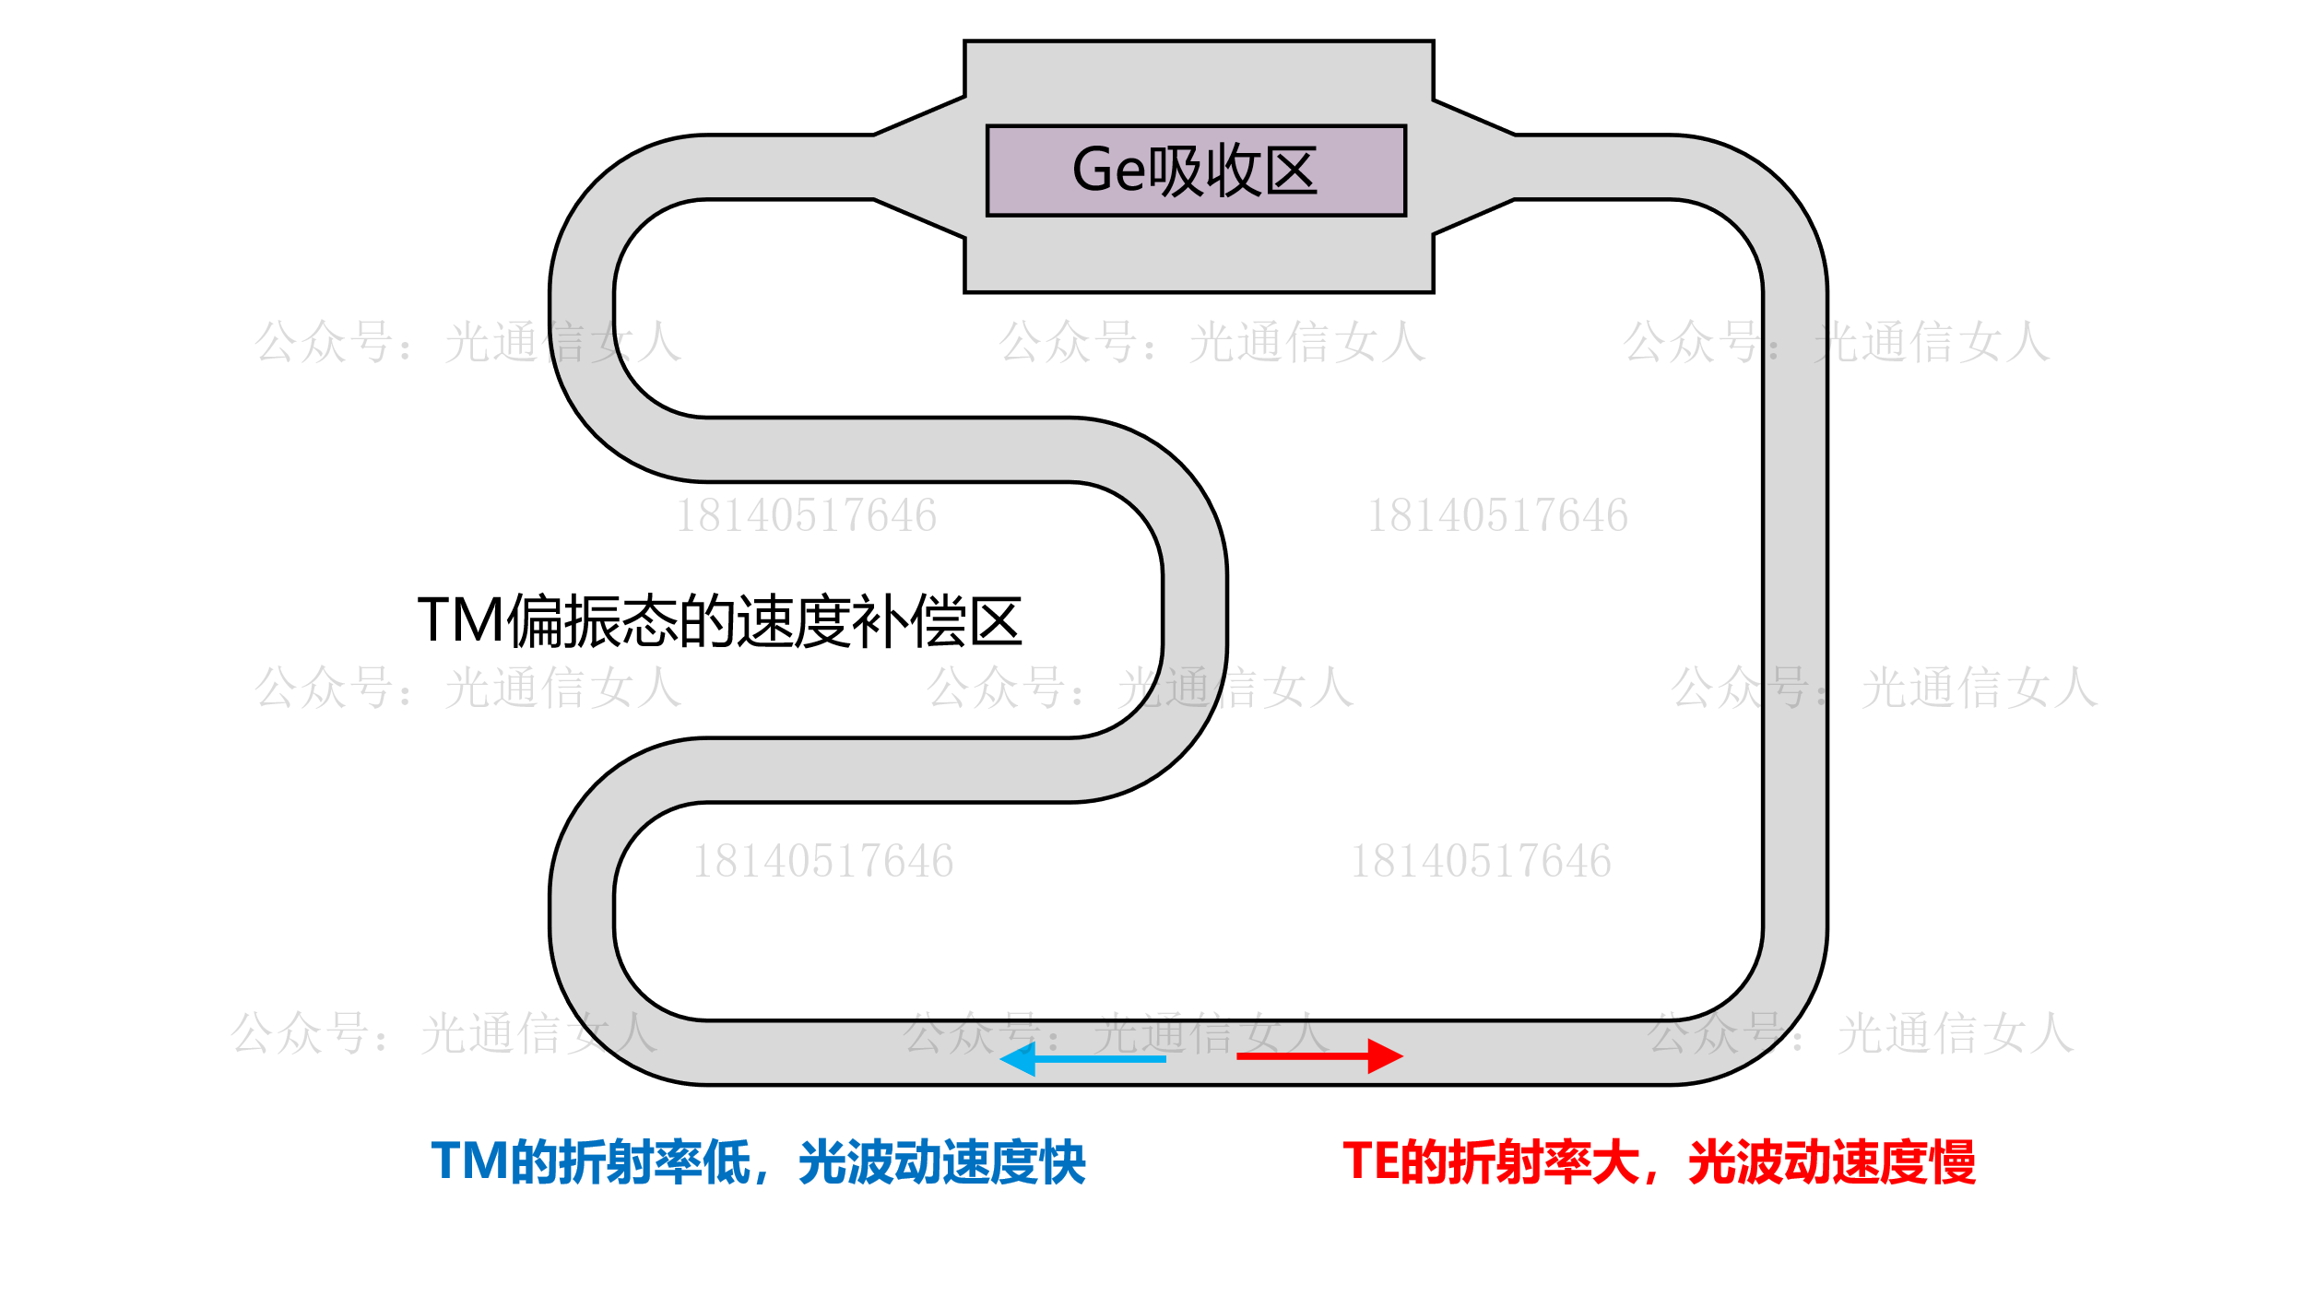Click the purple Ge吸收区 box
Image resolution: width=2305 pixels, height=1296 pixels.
point(1196,171)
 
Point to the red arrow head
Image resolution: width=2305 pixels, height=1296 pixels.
point(1386,1056)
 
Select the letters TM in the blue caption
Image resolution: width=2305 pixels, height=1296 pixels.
point(470,1161)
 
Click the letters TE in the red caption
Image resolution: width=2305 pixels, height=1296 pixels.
point(1370,1161)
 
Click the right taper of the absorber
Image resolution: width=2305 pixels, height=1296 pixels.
point(1473,167)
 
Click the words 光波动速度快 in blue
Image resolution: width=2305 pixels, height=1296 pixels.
point(942,1162)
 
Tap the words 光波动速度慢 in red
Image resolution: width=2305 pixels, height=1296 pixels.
point(1832,1162)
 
